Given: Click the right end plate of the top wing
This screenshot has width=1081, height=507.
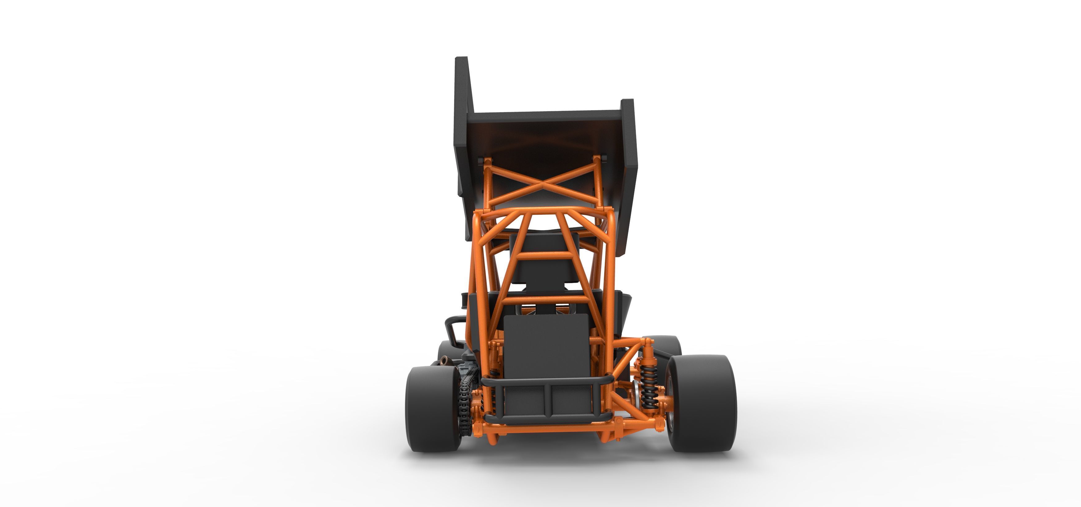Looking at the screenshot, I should click(628, 168).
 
